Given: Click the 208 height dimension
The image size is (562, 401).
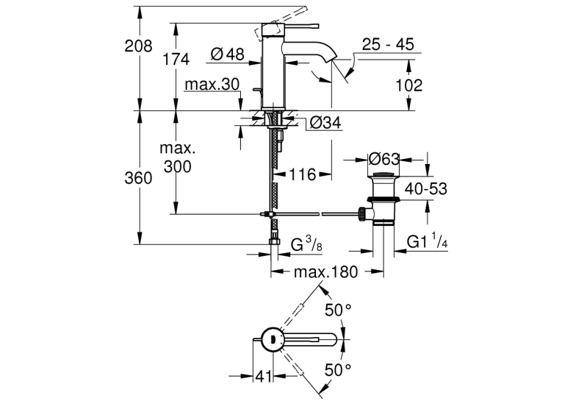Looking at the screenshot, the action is pyautogui.click(x=138, y=46).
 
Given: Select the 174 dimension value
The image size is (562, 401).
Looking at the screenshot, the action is pyautogui.click(x=176, y=60).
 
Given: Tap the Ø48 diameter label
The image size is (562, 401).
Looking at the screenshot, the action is pyautogui.click(x=228, y=54).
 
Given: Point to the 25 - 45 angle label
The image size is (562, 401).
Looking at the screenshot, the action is pyautogui.click(x=388, y=45).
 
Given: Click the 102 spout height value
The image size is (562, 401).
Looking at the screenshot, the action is pyautogui.click(x=409, y=85).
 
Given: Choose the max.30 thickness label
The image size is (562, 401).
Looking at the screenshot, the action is pyautogui.click(x=212, y=85).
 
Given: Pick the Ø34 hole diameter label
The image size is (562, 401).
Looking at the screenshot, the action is pyautogui.click(x=325, y=123).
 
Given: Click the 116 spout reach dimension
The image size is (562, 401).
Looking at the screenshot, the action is pyautogui.click(x=303, y=175).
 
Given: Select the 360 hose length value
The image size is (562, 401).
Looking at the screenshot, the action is pyautogui.click(x=138, y=178).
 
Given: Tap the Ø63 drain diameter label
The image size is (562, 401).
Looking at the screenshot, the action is pyautogui.click(x=383, y=159).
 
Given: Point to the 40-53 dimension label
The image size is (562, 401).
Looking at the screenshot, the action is pyautogui.click(x=426, y=189).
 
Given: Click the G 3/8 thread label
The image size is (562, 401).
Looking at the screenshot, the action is pyautogui.click(x=306, y=244).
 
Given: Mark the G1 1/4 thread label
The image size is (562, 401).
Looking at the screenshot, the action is pyautogui.click(x=428, y=241).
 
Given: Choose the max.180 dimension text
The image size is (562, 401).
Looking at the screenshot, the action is pyautogui.click(x=325, y=272).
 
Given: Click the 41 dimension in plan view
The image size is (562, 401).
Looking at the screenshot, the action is pyautogui.click(x=264, y=376).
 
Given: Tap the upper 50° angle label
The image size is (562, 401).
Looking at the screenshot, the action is pyautogui.click(x=338, y=310).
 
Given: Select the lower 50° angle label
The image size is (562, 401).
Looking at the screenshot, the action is pyautogui.click(x=338, y=370).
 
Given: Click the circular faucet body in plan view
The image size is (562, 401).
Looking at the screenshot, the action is pyautogui.click(x=273, y=340).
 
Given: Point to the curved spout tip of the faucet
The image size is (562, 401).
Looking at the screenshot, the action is pyautogui.click(x=333, y=57).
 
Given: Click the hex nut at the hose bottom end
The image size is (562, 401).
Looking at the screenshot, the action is pyautogui.click(x=274, y=241).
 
